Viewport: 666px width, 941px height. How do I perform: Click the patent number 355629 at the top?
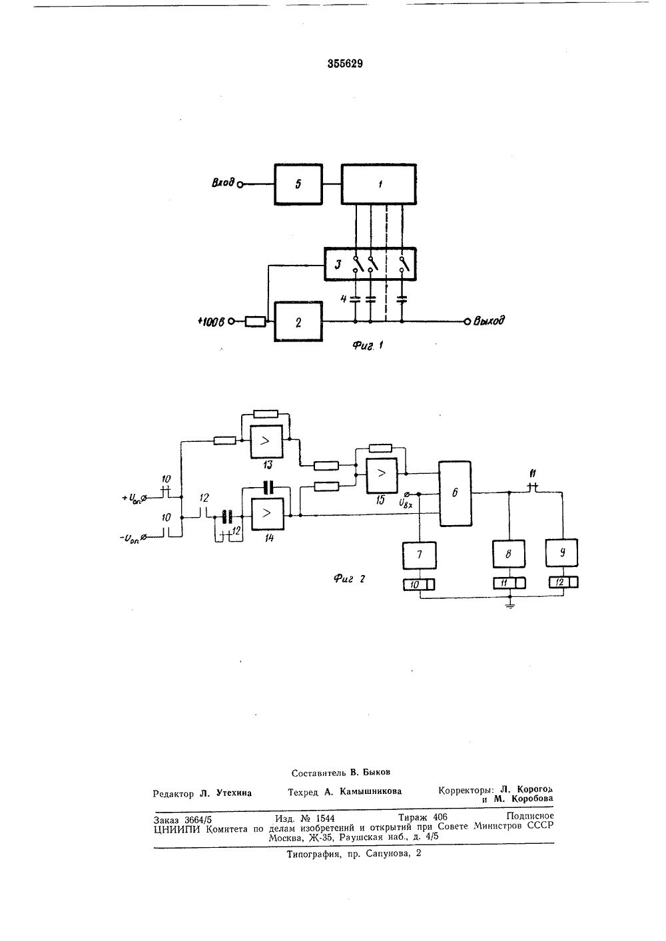coord(345,63)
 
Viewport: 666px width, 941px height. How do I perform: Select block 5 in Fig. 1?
coord(298,184)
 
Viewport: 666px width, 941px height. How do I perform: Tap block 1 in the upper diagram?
coord(378,184)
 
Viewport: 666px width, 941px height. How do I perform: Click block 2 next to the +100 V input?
coord(298,321)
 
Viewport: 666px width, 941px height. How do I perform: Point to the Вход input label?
coord(223,183)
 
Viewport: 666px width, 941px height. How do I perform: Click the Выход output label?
coord(489,321)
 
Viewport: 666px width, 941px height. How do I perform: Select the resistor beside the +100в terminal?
coord(255,322)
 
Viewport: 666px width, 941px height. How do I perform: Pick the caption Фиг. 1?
coord(368,346)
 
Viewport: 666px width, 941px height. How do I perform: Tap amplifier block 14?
coord(268,514)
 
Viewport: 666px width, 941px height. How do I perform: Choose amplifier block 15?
coord(382,474)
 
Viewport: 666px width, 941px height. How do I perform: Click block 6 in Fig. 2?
coord(455,493)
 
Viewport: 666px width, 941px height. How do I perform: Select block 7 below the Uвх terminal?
coord(419,556)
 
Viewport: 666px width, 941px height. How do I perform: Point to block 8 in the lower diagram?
coord(509,554)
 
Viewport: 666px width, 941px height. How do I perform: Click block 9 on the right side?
coord(561,553)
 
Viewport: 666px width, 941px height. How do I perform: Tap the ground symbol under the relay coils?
coord(509,606)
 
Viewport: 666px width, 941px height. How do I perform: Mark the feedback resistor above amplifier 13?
coord(266,414)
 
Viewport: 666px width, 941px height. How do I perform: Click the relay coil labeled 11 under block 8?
coord(509,583)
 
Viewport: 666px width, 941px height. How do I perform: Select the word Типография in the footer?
coord(313,853)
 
